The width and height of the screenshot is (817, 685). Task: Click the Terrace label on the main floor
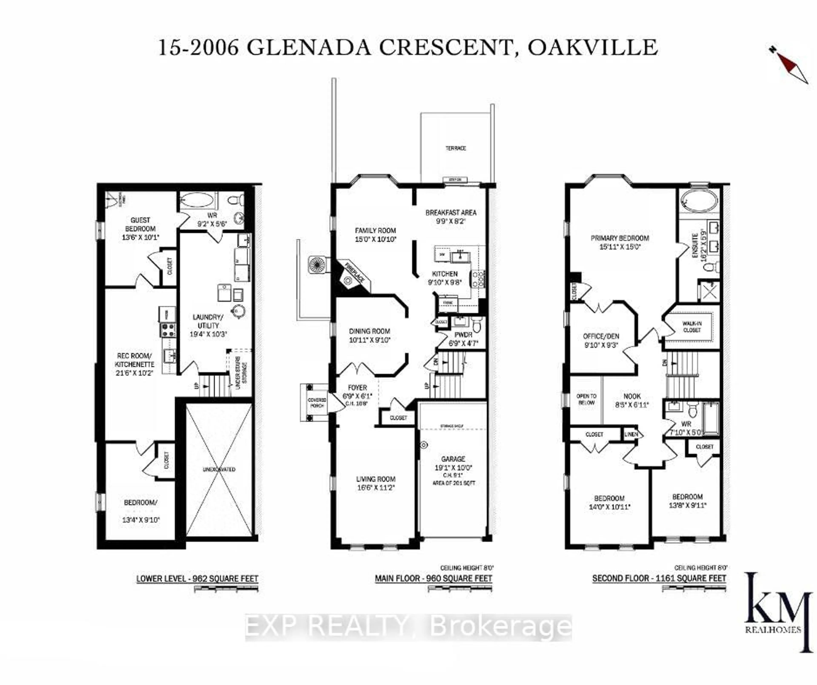[456, 148]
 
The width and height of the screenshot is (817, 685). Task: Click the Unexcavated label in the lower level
[219, 469]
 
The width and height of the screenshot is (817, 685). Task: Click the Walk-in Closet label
[692, 327]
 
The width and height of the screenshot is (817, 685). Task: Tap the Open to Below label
[586, 399]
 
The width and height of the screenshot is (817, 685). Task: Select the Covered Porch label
[317, 402]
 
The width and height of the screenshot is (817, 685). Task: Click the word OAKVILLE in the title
[592, 48]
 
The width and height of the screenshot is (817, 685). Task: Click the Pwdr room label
[463, 335]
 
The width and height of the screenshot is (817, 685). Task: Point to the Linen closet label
[631, 434]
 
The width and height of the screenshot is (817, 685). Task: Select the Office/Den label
[601, 336]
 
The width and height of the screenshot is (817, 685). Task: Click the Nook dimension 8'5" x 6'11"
[632, 405]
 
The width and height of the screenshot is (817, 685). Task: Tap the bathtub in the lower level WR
[197, 201]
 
